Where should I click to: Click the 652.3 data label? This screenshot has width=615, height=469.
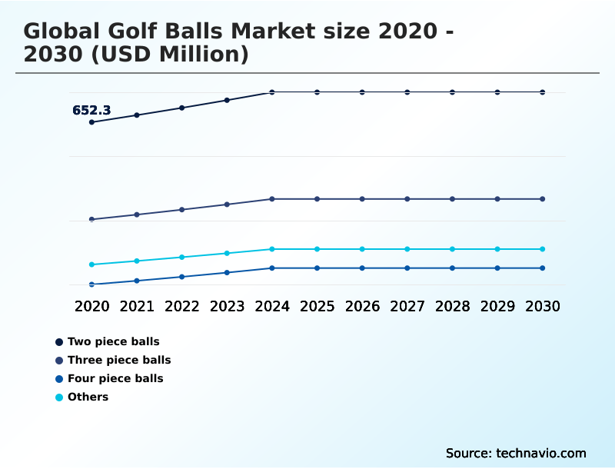pyautogui.click(x=91, y=111)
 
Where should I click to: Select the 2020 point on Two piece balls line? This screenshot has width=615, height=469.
pyautogui.click(x=91, y=122)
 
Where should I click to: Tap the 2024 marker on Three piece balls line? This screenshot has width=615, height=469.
pyautogui.click(x=272, y=199)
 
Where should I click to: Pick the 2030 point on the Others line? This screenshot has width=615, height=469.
pyautogui.click(x=543, y=249)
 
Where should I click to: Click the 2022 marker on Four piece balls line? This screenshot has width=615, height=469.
pyautogui.click(x=182, y=277)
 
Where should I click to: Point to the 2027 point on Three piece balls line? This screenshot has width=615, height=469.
pyautogui.click(x=407, y=199)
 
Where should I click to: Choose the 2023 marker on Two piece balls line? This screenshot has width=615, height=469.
pyautogui.click(x=227, y=100)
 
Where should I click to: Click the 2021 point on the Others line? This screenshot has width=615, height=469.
pyautogui.click(x=137, y=261)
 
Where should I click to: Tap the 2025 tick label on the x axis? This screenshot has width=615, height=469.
pyautogui.click(x=317, y=306)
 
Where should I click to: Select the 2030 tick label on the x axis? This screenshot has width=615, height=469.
pyautogui.click(x=543, y=306)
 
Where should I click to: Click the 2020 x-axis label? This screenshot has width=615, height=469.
pyautogui.click(x=91, y=306)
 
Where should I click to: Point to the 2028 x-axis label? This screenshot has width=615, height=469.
pyautogui.click(x=452, y=306)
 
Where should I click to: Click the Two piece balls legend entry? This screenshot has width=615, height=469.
pyautogui.click(x=113, y=341)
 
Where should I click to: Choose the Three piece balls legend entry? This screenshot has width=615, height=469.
pyautogui.click(x=119, y=360)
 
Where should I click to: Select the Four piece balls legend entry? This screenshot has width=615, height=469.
pyautogui.click(x=115, y=378)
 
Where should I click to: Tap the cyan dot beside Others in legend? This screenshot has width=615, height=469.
pyautogui.click(x=59, y=397)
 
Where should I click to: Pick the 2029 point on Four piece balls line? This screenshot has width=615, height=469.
pyautogui.click(x=497, y=268)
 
